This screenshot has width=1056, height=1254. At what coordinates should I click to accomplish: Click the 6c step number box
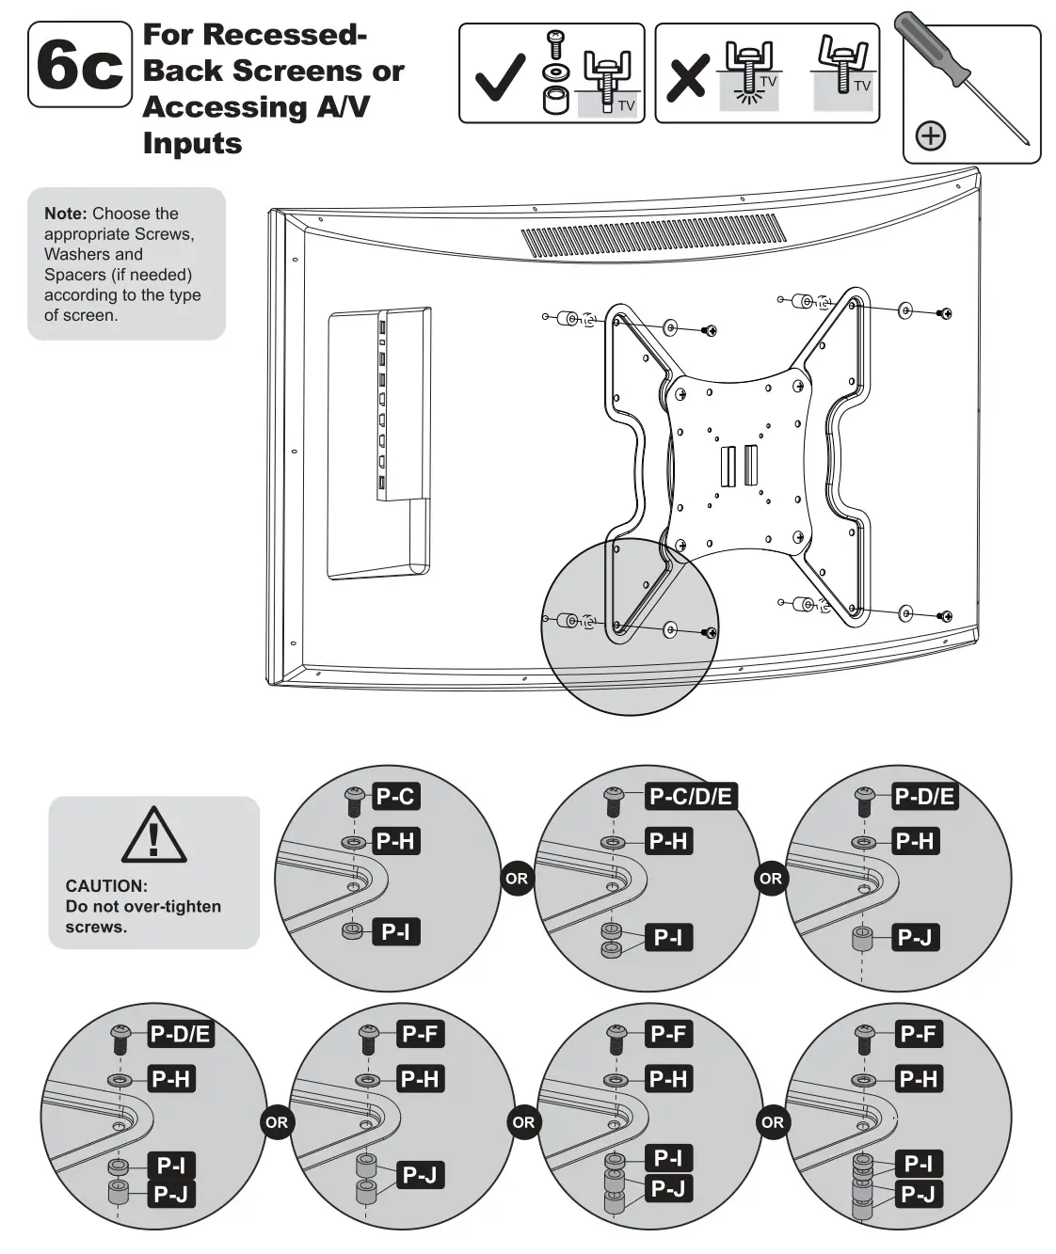point(80,65)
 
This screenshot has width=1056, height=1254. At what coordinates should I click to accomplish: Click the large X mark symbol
point(686,78)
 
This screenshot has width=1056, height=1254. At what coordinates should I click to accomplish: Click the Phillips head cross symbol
point(930,135)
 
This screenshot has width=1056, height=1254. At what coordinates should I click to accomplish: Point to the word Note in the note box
point(65,214)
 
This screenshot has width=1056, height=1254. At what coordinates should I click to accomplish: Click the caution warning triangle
point(153,834)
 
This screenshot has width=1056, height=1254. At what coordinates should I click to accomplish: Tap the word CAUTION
point(106,885)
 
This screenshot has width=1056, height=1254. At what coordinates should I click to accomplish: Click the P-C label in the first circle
point(394,797)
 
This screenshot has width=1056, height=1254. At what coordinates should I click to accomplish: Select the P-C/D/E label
point(690,797)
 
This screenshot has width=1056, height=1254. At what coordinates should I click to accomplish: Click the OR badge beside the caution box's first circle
point(517,879)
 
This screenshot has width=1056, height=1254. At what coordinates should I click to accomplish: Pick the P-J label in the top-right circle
point(914,937)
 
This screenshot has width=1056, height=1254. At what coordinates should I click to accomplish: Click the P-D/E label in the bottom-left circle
point(180,1034)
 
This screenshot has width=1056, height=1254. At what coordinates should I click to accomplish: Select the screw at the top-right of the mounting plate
point(946,312)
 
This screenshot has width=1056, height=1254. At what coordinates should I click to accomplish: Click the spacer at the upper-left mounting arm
point(569,318)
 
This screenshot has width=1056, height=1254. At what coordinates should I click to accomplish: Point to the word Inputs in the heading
point(192,144)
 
